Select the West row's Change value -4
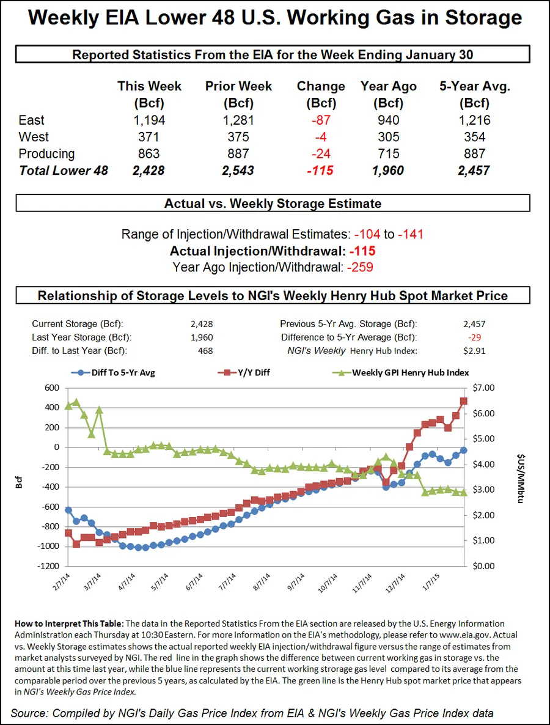tap(320, 137)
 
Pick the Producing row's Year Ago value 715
tap(388, 153)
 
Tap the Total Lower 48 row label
tap(64, 170)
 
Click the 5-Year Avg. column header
tap(475, 94)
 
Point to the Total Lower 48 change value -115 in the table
tap(320, 170)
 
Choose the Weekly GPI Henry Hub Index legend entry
tap(403, 372)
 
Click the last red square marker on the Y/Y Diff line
tap(464, 401)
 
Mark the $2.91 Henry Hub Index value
tap(474, 350)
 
